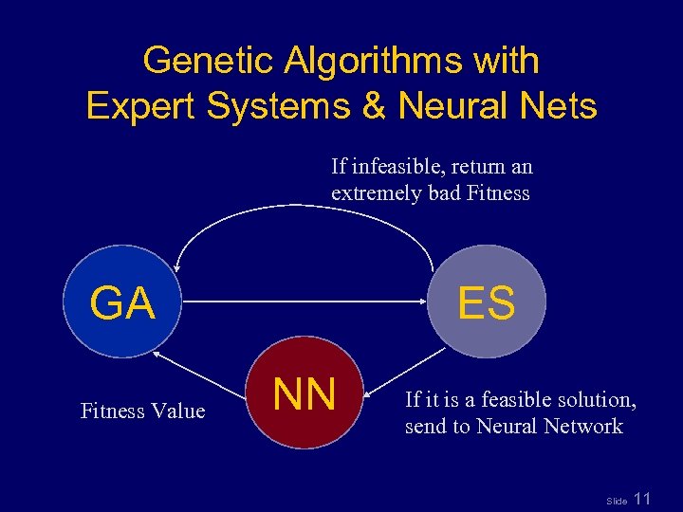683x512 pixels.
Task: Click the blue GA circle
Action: coord(122,302)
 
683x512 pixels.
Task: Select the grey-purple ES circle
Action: coord(487,302)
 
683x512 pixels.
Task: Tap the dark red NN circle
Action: coord(305,393)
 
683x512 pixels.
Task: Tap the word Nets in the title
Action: coord(558,105)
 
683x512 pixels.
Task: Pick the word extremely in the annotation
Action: coord(374,193)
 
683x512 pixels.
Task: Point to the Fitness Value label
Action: coord(142,411)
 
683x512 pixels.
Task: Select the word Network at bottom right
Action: coord(583,426)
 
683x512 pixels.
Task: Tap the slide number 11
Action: coord(642,498)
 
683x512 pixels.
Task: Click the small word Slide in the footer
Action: coord(617,500)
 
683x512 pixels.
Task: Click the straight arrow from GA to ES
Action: coord(304,302)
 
